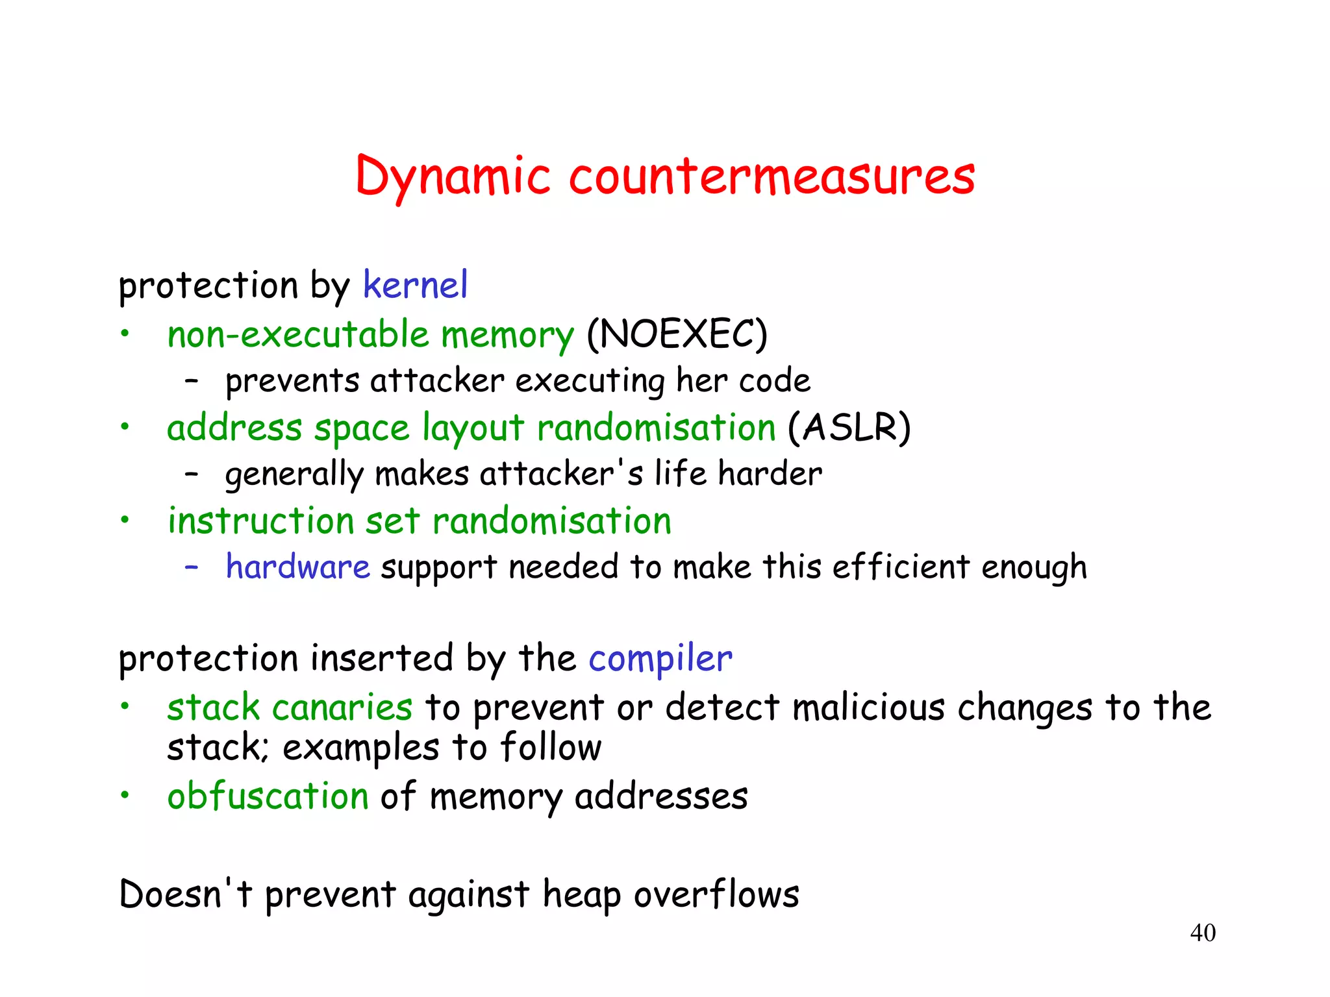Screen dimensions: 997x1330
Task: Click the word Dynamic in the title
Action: pyautogui.click(x=453, y=177)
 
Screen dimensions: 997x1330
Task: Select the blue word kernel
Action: pyautogui.click(x=415, y=285)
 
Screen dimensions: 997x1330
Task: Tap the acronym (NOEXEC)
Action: pyautogui.click(x=677, y=334)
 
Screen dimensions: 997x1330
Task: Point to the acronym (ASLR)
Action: pyautogui.click(x=849, y=428)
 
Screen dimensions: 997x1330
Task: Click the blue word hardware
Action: pyautogui.click(x=297, y=567)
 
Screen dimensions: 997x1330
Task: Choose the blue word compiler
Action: pyautogui.click(x=660, y=658)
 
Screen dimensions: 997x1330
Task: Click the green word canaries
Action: pyautogui.click(x=342, y=708)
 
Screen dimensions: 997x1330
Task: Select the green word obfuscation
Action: pyautogui.click(x=268, y=796)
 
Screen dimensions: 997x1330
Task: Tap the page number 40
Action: pyautogui.click(x=1202, y=933)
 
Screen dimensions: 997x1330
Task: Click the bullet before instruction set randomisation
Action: pyautogui.click(x=125, y=520)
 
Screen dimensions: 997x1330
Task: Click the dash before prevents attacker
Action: pyautogui.click(x=191, y=381)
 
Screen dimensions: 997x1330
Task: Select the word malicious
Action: pyautogui.click(x=868, y=708)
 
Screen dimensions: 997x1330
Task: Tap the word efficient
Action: pyautogui.click(x=901, y=567)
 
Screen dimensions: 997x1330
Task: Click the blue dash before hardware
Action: pyautogui.click(x=191, y=567)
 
